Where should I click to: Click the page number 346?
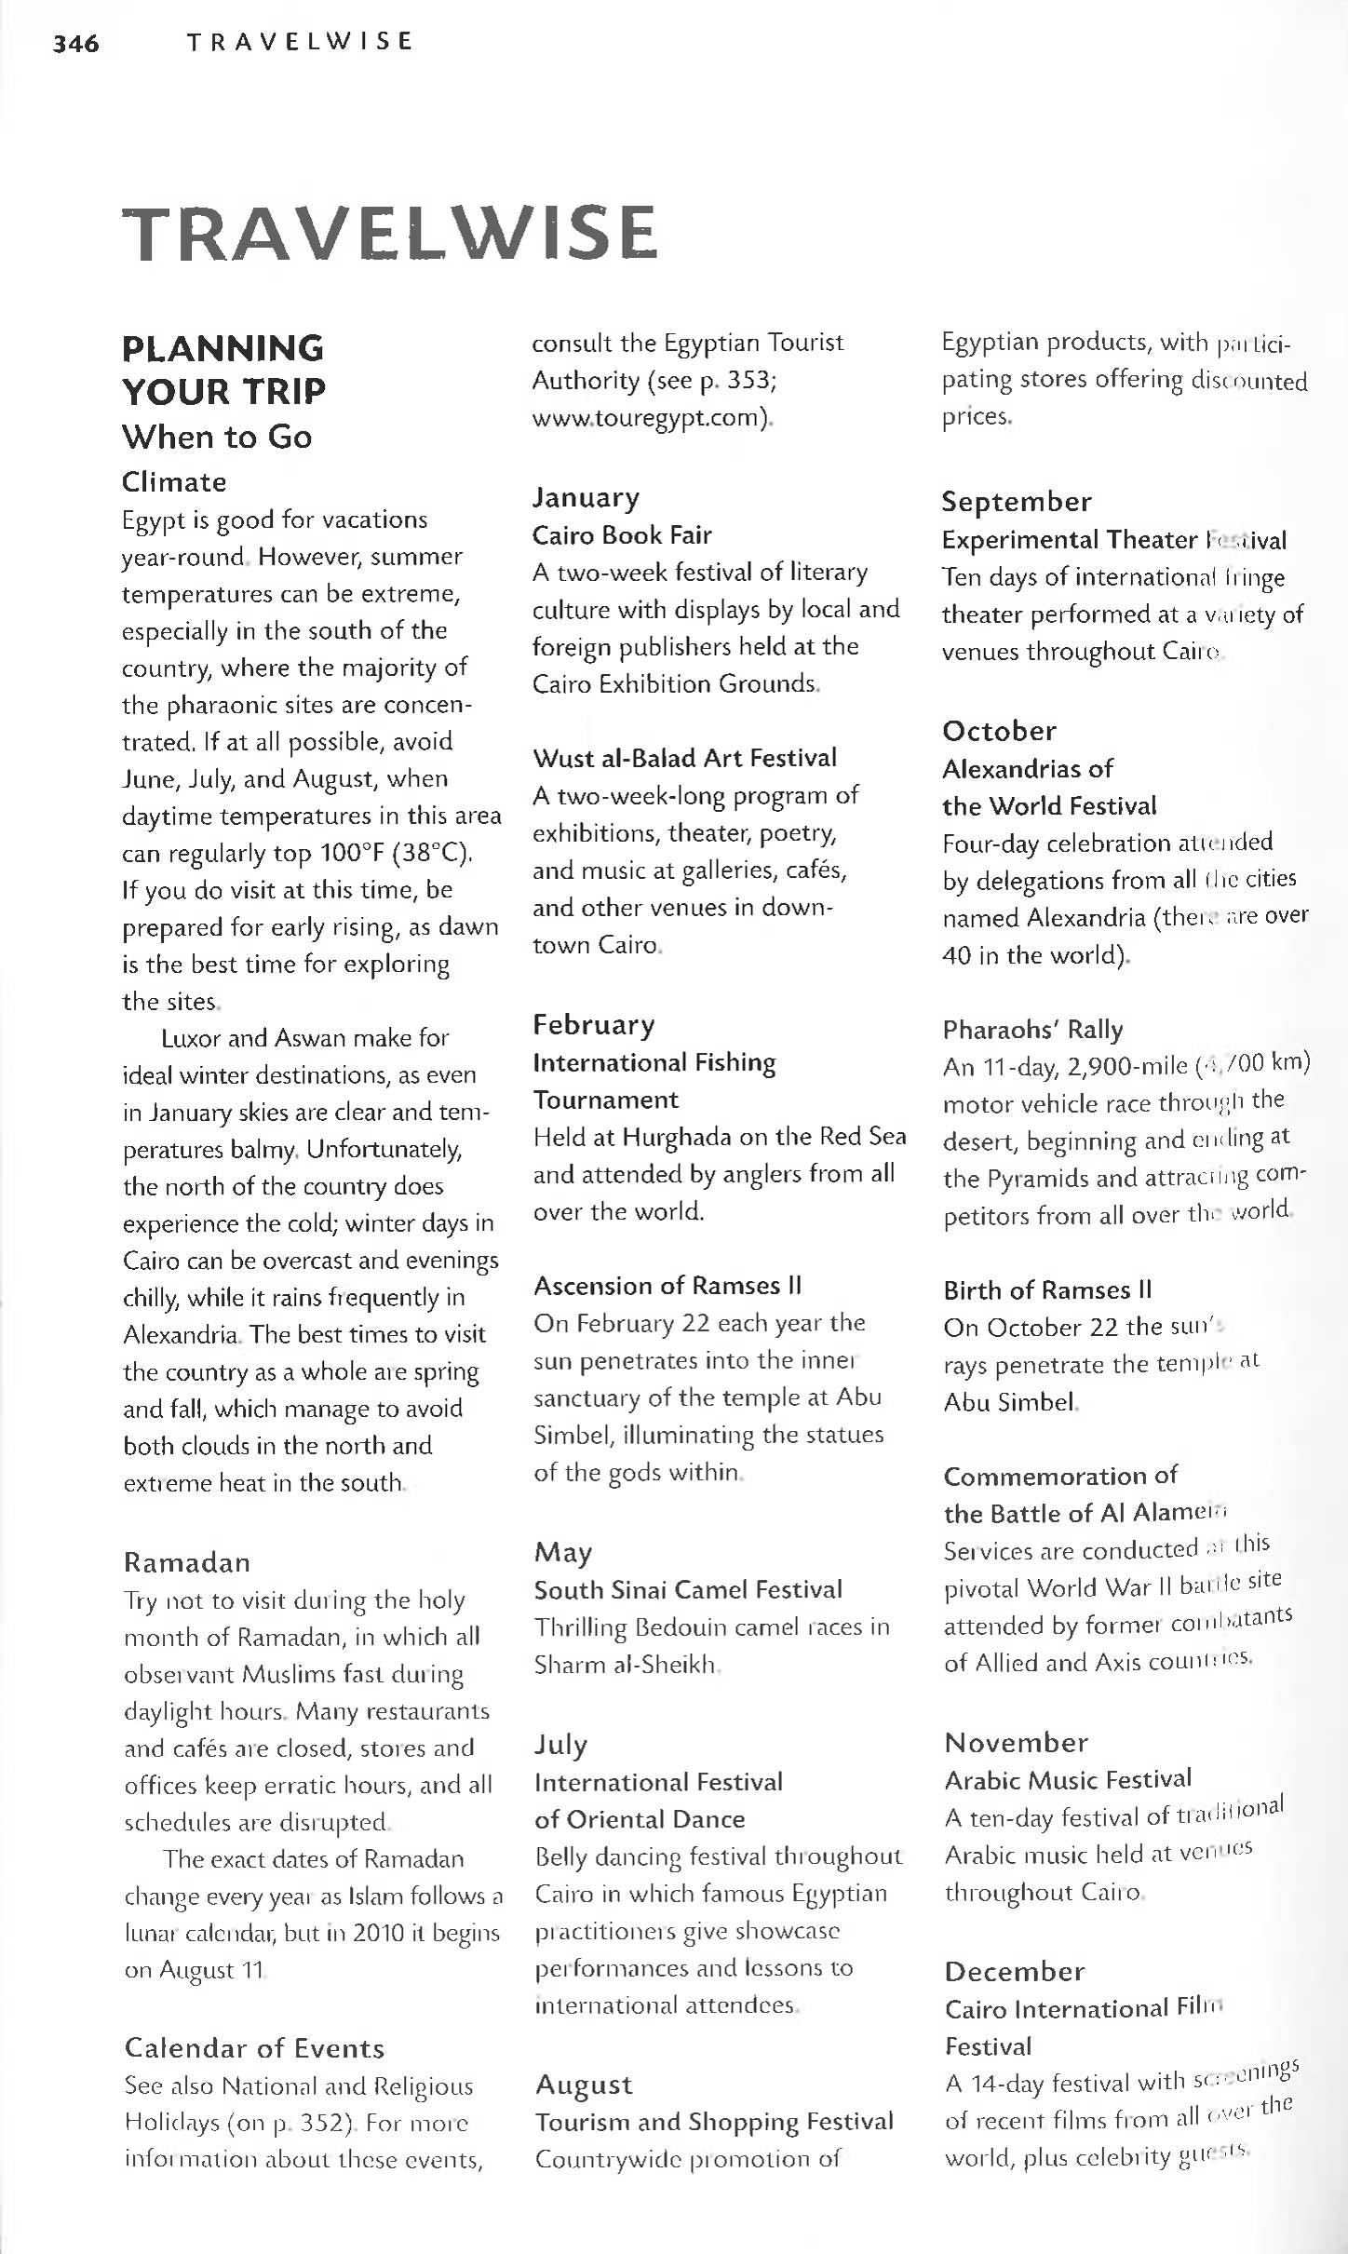pos(76,43)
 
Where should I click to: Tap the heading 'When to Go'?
pos(217,437)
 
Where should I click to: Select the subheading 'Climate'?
pos(174,481)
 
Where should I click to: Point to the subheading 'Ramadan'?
pos(187,1562)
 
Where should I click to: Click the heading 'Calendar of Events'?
pos(254,2048)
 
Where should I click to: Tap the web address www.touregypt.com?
pos(651,418)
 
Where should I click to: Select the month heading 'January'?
pos(586,497)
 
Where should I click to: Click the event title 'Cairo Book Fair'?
pos(622,535)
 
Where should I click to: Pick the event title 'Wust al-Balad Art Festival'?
pos(684,758)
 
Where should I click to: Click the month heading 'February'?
pos(594,1025)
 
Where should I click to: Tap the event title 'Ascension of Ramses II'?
pos(667,1286)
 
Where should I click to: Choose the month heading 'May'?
pos(563,1552)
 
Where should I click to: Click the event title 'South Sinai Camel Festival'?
pos(688,1589)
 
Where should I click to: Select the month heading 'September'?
pos(1016,502)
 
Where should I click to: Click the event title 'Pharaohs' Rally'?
pos(1032,1029)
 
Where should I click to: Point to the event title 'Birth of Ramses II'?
pos(1047,1289)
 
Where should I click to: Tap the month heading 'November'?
pos(1016,1742)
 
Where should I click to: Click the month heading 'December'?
pos(1015,1971)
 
